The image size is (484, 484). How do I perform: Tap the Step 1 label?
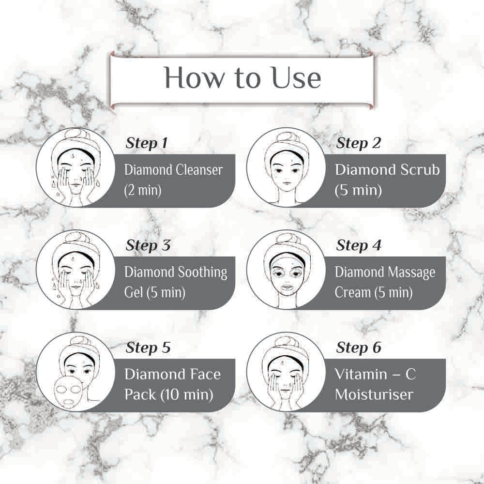(x=146, y=143)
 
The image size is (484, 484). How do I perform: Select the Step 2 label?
(x=358, y=143)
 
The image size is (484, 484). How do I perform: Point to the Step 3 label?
(x=148, y=245)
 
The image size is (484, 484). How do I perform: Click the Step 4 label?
(x=359, y=245)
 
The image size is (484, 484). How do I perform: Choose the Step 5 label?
(x=148, y=348)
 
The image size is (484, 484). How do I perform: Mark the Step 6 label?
(x=359, y=348)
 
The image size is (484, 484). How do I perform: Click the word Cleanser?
(x=199, y=170)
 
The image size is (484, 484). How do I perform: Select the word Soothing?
(x=202, y=273)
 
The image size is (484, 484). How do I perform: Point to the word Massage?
(x=411, y=273)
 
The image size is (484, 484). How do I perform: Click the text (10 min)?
(x=186, y=394)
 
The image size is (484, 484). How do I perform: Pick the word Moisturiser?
(x=374, y=394)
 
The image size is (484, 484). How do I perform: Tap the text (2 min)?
(x=143, y=190)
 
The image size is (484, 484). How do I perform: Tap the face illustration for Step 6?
(x=286, y=372)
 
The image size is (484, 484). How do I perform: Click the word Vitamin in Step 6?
(x=361, y=374)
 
